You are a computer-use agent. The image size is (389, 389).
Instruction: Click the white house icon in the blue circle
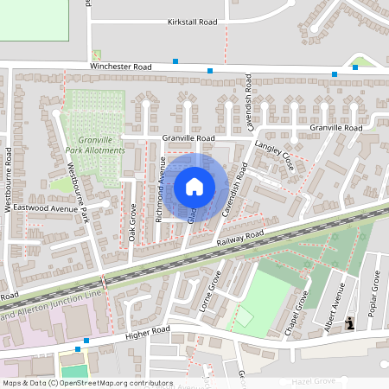tap(194, 186)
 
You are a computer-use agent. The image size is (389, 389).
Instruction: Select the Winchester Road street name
tap(120, 67)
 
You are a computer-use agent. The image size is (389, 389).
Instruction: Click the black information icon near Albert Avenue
tap(349, 323)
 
